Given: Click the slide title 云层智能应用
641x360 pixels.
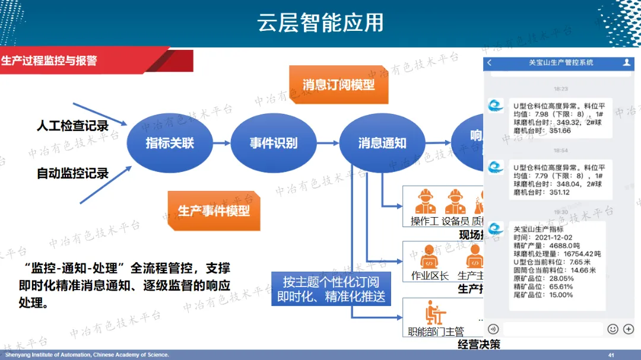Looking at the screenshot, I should [320, 23].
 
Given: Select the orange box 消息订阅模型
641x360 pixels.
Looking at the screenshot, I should [338, 85].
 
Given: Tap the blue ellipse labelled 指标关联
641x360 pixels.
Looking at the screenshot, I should [170, 142].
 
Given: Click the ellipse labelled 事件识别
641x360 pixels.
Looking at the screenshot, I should [273, 142].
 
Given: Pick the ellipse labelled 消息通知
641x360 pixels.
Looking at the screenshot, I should [382, 143].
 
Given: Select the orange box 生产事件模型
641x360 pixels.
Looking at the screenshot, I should [214, 211].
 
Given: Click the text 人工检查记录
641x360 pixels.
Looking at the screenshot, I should [72, 126].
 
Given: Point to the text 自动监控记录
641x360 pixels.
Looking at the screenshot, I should [72, 173].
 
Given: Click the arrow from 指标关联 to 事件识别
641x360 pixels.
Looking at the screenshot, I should [221, 142].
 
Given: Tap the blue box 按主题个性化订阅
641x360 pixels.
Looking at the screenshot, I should [331, 289].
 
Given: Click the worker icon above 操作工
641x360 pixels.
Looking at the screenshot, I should [426, 202].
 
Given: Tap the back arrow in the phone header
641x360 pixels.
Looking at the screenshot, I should [490, 62].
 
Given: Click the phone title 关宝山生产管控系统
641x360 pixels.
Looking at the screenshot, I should [560, 62].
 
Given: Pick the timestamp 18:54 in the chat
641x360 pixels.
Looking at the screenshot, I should [560, 151].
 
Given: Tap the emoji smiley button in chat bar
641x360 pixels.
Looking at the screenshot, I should [613, 329].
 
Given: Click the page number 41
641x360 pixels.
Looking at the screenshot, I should [611, 355].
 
